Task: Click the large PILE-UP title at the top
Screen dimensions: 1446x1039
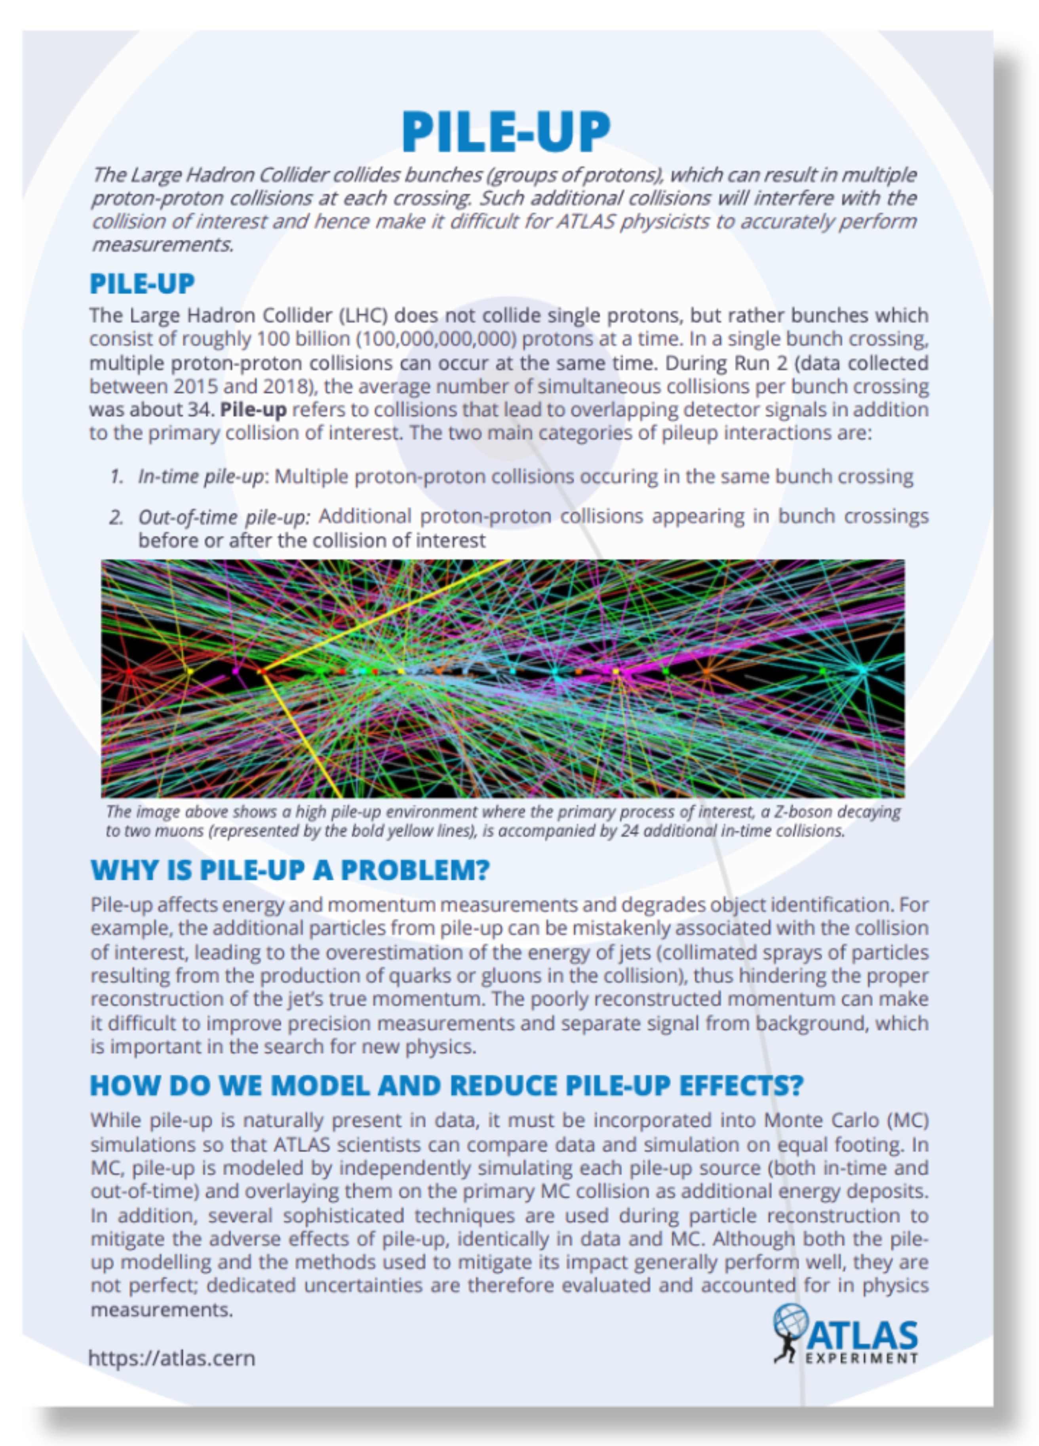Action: tap(506, 131)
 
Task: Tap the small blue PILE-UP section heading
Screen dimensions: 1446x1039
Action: tap(141, 284)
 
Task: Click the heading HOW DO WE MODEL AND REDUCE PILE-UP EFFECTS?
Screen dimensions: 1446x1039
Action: tap(446, 1086)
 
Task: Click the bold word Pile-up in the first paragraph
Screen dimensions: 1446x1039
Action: tap(253, 409)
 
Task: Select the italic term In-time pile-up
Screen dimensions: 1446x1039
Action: tap(201, 477)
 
